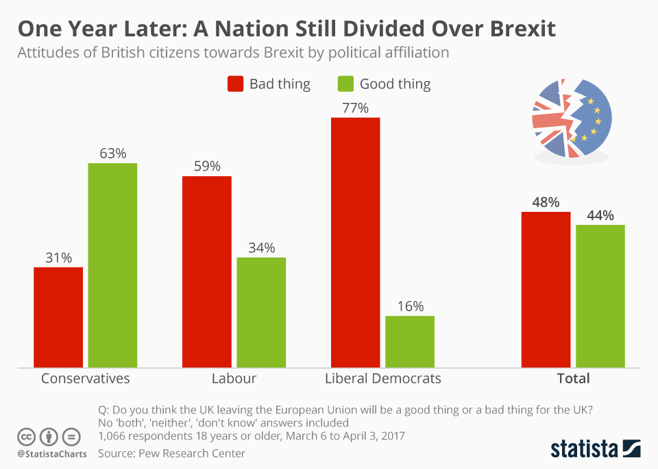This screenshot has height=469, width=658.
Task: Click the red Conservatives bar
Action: click(58, 317)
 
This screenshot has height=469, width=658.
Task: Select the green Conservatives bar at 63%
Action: click(112, 265)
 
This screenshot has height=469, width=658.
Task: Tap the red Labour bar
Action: click(206, 272)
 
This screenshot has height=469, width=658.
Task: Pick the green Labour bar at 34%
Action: click(261, 312)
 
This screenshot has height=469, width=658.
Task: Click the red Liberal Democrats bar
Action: click(355, 242)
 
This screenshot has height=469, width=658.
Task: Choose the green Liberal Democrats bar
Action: click(410, 341)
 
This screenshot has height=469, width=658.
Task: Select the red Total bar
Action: click(546, 289)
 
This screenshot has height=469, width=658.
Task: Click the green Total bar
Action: click(600, 296)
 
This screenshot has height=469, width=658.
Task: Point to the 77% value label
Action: click(355, 108)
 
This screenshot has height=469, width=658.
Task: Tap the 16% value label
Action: click(410, 306)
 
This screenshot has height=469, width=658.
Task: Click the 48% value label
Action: click(546, 202)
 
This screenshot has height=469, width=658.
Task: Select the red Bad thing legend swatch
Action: click(235, 84)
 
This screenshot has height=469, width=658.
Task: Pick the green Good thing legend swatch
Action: click(345, 84)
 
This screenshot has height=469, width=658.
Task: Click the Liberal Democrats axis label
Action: click(383, 378)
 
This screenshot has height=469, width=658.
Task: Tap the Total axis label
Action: click(573, 378)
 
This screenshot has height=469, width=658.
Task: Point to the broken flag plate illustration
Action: click(571, 120)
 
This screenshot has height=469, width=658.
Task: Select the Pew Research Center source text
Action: click(171, 453)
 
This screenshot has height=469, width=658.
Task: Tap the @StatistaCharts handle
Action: click(52, 454)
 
